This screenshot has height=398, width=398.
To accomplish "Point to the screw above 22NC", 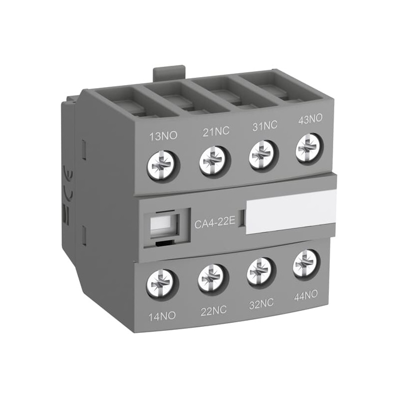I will pyautogui.click(x=211, y=279).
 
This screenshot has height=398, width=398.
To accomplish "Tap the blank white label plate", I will pyautogui.click(x=291, y=211).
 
